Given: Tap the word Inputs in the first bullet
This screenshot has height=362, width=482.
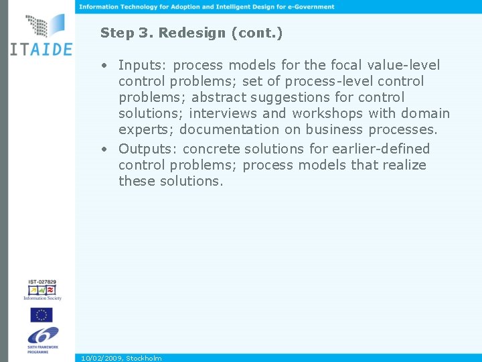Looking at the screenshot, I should point(143,65).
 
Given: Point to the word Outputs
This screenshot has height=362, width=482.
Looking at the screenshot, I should point(148,148).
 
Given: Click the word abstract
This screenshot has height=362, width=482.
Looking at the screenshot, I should point(218,97).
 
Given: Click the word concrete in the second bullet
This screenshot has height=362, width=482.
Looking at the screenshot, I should point(211,148).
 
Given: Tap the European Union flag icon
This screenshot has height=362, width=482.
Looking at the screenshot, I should point(41,314).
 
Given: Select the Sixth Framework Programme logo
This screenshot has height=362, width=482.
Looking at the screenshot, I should point(42,339).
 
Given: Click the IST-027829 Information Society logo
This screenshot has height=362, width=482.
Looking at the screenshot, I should point(42,290).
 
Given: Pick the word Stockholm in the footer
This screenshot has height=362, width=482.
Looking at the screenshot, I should point(144,359).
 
